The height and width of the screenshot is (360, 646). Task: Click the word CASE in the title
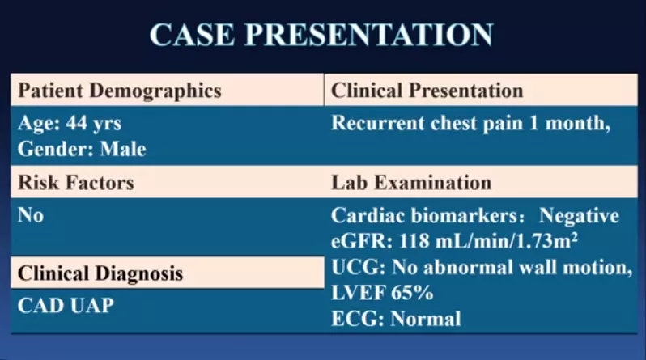click(192, 34)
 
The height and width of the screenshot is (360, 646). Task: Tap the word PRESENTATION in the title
click(369, 34)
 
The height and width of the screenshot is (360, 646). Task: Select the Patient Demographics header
click(120, 91)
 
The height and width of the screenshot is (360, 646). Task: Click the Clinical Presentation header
click(427, 91)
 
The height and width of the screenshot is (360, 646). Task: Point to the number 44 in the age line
click(77, 123)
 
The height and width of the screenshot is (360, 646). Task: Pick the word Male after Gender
click(123, 149)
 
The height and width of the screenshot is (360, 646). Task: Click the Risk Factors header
click(76, 183)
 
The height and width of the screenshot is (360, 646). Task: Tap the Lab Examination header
click(411, 183)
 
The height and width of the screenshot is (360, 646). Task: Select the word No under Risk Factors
click(31, 215)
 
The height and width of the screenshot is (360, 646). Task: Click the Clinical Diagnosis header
click(100, 273)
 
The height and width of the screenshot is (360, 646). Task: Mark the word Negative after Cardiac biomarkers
click(579, 216)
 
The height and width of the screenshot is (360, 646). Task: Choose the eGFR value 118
click(414, 241)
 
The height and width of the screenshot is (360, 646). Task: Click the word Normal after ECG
click(426, 319)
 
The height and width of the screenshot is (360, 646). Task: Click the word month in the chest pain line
click(577, 123)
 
